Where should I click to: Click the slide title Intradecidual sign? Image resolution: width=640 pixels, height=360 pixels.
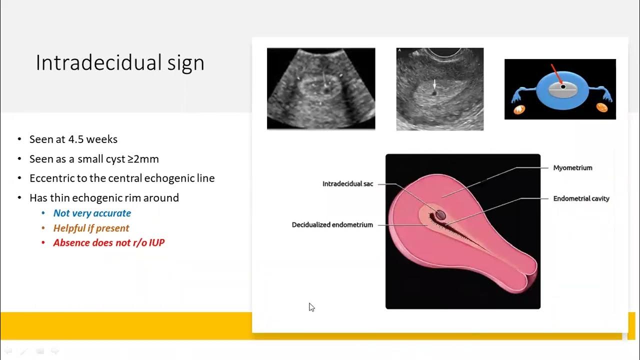pyautogui.click(x=120, y=63)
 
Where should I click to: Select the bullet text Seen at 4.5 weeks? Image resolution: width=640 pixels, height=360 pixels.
pyautogui.click(x=73, y=139)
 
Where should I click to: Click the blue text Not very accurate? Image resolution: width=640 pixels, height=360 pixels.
pyautogui.click(x=92, y=213)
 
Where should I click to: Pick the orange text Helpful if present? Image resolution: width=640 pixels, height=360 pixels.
pyautogui.click(x=91, y=228)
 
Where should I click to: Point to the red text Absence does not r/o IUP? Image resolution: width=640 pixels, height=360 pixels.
pyautogui.click(x=108, y=242)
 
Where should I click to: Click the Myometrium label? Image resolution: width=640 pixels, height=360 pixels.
pyautogui.click(x=572, y=168)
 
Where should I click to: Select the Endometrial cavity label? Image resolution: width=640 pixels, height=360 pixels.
pyautogui.click(x=581, y=198)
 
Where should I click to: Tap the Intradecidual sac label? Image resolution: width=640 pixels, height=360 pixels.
pyautogui.click(x=347, y=184)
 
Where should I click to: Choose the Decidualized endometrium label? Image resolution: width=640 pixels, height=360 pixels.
pyautogui.click(x=332, y=225)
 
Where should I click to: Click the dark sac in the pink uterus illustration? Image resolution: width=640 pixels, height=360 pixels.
pyautogui.click(x=440, y=215)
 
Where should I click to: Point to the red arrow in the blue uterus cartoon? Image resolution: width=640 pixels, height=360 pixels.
pyautogui.click(x=556, y=74)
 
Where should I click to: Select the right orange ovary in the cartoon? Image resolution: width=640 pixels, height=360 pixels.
pyautogui.click(x=601, y=107)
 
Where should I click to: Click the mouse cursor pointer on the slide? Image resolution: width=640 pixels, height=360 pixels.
pyautogui.click(x=311, y=306)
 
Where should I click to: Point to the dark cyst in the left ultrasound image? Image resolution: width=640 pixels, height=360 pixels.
pyautogui.click(x=326, y=91)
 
